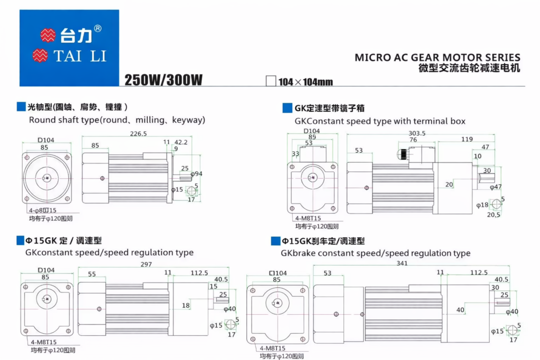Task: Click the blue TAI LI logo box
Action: click(x=69, y=47)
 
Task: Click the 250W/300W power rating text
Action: click(x=163, y=80)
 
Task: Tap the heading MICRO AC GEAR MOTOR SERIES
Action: click(x=437, y=57)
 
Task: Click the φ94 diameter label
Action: click(x=196, y=173)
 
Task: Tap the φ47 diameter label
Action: click(x=496, y=187)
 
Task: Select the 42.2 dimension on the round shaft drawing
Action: click(x=181, y=142)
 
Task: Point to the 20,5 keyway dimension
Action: click(x=494, y=215)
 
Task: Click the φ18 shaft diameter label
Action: click(x=481, y=205)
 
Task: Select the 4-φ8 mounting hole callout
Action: click(x=43, y=210)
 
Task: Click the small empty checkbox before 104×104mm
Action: click(x=271, y=81)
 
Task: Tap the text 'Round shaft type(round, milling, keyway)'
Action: click(x=117, y=120)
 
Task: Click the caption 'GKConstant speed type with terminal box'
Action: click(x=380, y=121)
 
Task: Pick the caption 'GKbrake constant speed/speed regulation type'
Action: click(x=375, y=253)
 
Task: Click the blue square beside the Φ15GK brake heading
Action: click(x=275, y=241)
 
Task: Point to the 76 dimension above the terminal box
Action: click(x=413, y=140)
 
